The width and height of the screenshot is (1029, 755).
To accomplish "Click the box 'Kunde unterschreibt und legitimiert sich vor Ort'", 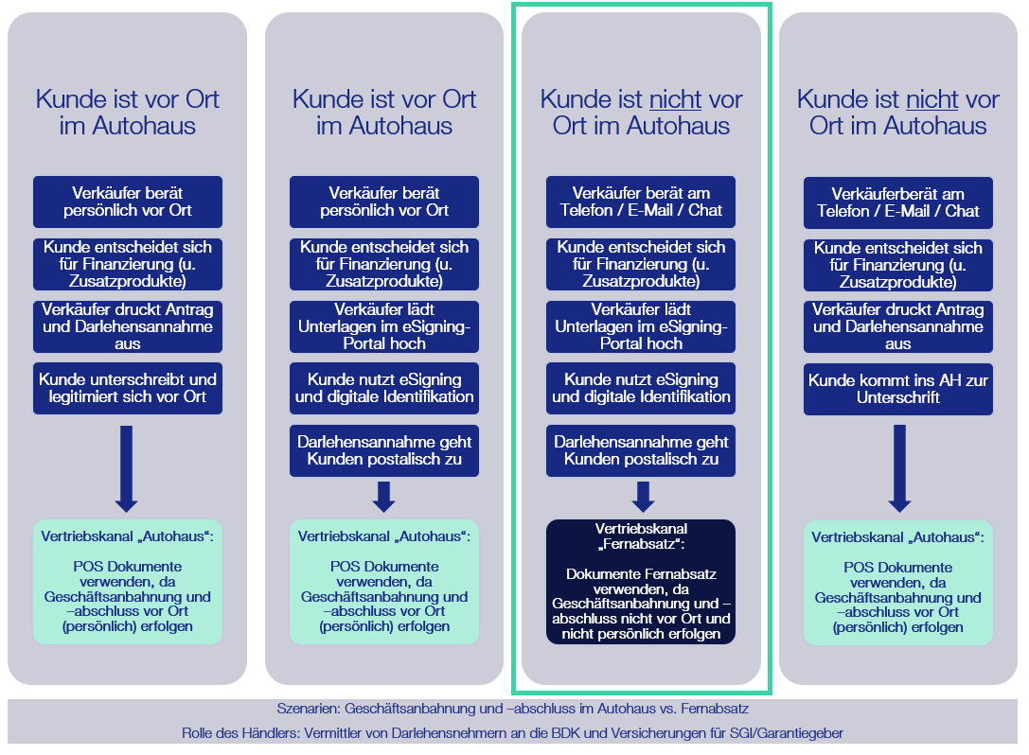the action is pos(127,388).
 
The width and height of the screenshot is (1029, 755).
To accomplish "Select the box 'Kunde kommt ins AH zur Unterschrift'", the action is pos(897,389).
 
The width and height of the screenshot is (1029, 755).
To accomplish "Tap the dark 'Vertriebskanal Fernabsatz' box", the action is pos(641,582).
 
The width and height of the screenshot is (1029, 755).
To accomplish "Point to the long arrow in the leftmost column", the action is pos(126,468).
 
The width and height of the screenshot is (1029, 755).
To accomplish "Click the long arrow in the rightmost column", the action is pos(899,468).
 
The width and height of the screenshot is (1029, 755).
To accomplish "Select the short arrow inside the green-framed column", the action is pos(643,497).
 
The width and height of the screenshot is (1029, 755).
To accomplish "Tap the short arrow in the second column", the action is pos(384,497).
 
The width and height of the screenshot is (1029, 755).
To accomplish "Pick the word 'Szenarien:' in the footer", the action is pos(309,709).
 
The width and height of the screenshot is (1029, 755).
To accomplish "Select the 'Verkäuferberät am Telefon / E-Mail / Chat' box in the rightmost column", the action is pos(897,202).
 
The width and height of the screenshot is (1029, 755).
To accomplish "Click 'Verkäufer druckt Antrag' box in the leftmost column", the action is pos(127,326).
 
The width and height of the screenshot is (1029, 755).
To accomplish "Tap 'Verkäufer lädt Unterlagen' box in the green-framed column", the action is pos(641,326).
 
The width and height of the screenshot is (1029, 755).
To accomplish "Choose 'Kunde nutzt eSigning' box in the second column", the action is pos(384,388).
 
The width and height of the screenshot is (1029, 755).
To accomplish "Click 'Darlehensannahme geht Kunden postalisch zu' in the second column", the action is pos(384,450).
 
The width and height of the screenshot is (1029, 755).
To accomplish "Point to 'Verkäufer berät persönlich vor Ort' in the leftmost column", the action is pos(127,202).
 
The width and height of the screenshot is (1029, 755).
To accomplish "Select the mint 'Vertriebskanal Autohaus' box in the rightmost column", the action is pos(897,583).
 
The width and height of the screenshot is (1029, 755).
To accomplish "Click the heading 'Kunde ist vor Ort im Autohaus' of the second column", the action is pos(384,113).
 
